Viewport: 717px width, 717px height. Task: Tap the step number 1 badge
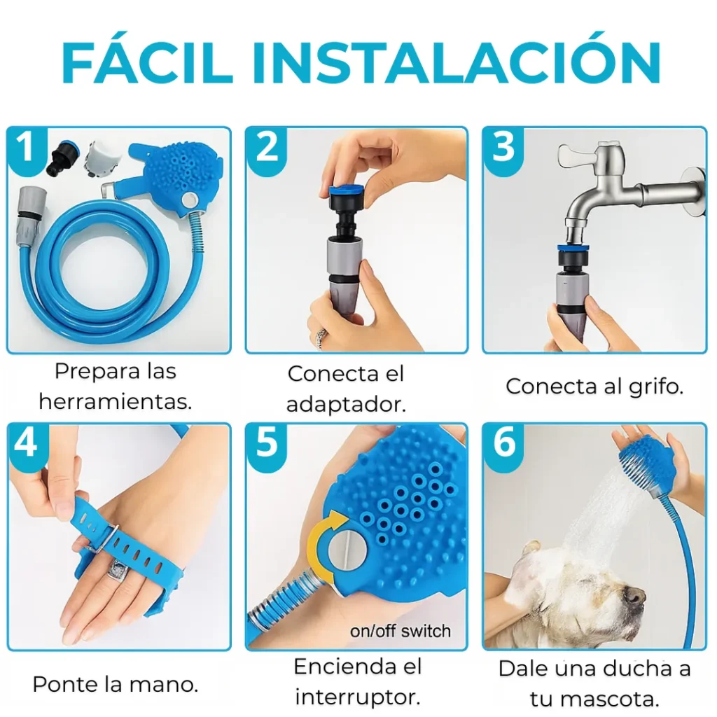tap(26, 146)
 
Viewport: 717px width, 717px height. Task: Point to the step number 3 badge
tap(503, 147)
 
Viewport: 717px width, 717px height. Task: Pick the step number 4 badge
tap(27, 443)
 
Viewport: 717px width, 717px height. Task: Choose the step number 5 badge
tap(266, 443)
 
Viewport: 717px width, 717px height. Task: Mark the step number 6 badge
tap(503, 443)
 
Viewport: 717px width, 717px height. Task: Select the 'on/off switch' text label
tap(400, 632)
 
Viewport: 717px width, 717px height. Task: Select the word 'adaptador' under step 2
tap(346, 405)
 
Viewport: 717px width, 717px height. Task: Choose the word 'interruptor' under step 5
tap(358, 697)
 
